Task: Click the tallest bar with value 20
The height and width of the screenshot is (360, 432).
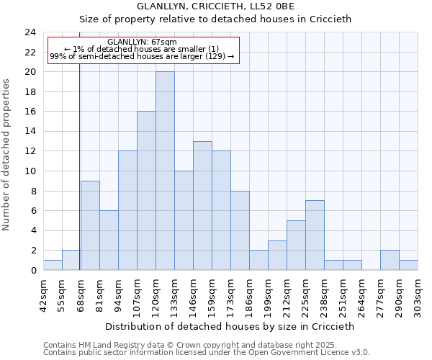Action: click(165, 171)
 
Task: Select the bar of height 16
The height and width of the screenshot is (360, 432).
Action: click(146, 191)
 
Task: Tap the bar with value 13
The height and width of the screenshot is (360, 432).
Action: click(202, 205)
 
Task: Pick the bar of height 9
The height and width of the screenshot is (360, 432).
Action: click(90, 225)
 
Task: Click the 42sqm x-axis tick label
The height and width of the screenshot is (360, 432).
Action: click(44, 294)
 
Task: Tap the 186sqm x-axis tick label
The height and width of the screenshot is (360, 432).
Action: click(250, 294)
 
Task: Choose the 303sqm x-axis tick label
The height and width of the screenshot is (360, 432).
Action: click(418, 294)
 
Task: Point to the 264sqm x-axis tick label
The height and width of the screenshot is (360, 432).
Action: click(362, 294)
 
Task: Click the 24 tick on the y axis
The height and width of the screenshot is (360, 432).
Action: click(30, 32)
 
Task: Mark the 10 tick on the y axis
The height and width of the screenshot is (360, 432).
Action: click(30, 171)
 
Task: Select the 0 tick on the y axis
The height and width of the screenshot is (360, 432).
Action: click(33, 270)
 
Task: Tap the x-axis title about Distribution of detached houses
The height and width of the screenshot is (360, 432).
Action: click(230, 326)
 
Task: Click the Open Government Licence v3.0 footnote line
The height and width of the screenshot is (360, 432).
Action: click(207, 353)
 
